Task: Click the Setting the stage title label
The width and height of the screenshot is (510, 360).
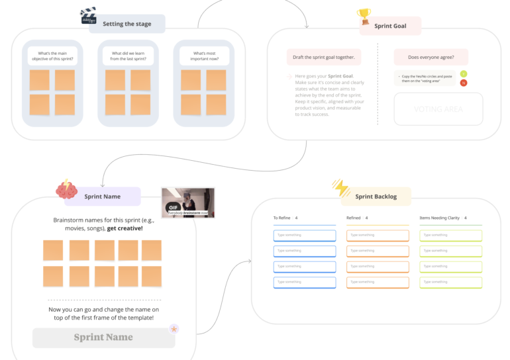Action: point(127,24)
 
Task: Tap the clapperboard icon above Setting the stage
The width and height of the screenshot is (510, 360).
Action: point(88,15)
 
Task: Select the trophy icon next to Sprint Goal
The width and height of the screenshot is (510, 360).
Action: point(364,16)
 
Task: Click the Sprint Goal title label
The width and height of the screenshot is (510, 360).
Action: point(390,26)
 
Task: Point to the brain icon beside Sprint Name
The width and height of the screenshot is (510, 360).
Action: point(67,191)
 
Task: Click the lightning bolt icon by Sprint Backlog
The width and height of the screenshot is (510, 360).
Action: point(341,189)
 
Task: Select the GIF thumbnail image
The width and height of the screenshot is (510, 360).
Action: point(188,202)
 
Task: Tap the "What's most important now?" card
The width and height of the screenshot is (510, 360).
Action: point(204,56)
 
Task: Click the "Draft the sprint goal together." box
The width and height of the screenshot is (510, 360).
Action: point(324,57)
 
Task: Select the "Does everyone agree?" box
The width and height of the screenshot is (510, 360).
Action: point(431,57)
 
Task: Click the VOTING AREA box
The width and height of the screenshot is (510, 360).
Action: point(438,109)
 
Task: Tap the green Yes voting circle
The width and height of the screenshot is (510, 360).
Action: point(464,73)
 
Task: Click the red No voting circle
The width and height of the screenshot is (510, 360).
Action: point(464,83)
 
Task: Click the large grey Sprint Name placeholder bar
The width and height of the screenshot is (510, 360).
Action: point(103,337)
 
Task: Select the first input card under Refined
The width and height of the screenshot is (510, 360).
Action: point(378,236)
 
